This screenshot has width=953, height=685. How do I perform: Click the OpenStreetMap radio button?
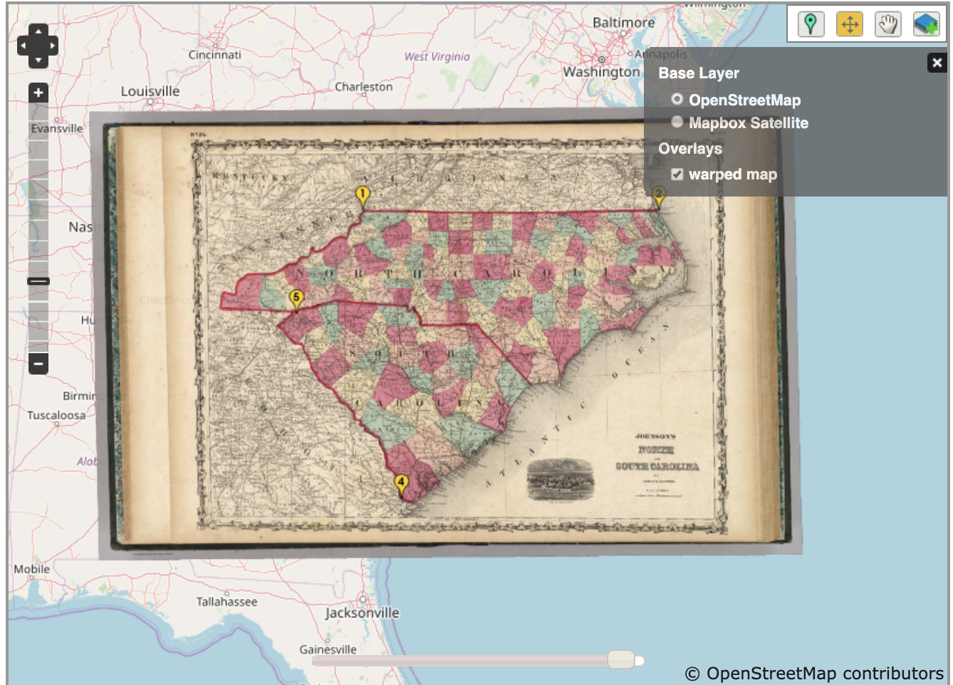pos(677,100)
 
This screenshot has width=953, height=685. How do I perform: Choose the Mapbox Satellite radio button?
pos(677,122)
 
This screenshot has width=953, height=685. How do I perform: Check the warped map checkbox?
pos(677,174)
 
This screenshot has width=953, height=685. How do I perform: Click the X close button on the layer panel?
pos(937,63)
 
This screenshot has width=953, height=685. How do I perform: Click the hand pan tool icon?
pos(887,24)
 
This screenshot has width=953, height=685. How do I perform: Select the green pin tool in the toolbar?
pos(810,24)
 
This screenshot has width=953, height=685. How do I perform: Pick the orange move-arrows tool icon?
pos(849,24)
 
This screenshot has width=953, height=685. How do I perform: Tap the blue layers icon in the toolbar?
pos(926,24)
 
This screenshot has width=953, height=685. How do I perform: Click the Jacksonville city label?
pos(362,612)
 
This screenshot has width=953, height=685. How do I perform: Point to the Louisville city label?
pos(150,91)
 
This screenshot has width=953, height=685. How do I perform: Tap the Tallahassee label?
pos(226,602)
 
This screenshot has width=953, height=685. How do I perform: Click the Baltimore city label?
pos(623,23)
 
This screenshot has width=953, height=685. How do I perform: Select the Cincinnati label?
pos(214,55)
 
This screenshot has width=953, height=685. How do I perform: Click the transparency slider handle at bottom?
pos(621,659)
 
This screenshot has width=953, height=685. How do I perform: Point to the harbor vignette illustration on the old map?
pos(560,479)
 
